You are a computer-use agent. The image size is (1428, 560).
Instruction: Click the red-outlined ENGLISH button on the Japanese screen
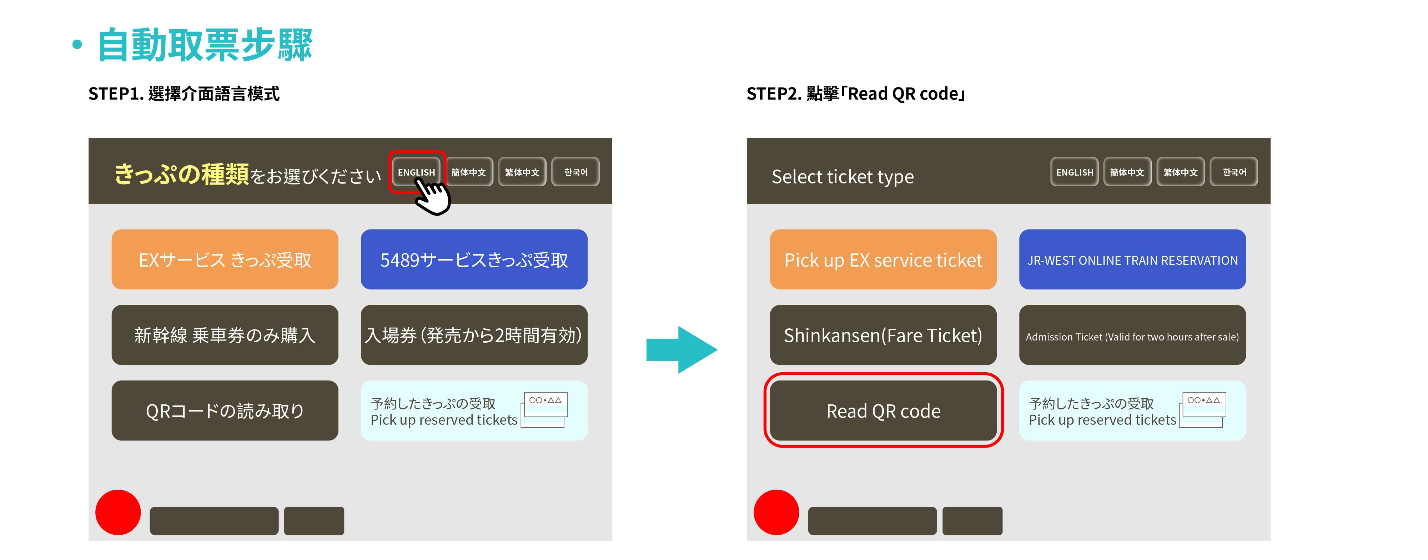point(416,172)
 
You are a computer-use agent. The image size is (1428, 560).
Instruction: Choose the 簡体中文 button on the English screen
point(1127,172)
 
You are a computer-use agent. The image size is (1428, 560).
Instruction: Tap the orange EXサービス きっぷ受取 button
point(225,259)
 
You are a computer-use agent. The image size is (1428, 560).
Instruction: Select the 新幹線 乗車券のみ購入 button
point(225,335)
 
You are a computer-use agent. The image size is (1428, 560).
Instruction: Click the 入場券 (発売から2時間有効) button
point(474,335)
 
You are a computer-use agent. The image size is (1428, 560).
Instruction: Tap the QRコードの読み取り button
point(225,410)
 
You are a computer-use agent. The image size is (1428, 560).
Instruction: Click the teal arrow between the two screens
point(682,350)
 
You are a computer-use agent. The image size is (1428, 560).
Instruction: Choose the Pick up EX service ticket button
point(883,259)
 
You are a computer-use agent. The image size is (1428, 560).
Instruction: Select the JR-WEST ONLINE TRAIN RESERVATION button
point(1132,259)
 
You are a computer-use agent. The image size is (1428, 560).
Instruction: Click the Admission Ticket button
point(1132,335)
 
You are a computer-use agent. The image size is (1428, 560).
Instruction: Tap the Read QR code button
point(883,410)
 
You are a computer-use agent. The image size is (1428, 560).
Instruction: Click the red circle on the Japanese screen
point(118,512)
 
